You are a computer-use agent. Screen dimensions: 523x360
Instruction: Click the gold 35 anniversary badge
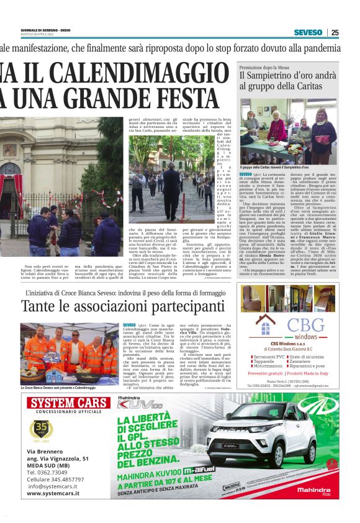click(x=41, y=429)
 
